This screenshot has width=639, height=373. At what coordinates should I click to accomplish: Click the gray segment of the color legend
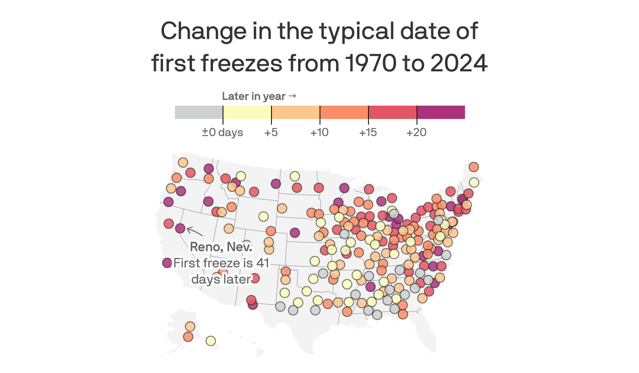199,112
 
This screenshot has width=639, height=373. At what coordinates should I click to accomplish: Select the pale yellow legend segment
247,112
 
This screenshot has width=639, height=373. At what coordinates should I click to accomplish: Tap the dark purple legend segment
441,112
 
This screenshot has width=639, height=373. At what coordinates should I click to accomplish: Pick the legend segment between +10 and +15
344,112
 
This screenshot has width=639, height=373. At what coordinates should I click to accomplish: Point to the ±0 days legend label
223,132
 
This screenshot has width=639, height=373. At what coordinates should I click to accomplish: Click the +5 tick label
271,132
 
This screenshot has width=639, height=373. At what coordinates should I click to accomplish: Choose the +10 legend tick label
319,132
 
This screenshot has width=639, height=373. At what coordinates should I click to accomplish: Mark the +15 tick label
368,132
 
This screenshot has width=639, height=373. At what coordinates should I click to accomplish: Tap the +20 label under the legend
416,132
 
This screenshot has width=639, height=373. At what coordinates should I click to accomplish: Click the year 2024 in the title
459,64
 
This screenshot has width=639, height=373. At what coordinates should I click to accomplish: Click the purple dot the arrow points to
180,228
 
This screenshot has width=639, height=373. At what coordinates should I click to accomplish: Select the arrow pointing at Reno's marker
194,231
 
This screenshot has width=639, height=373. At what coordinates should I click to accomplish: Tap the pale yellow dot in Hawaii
211,341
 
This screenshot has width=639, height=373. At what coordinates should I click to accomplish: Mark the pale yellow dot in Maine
474,182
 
